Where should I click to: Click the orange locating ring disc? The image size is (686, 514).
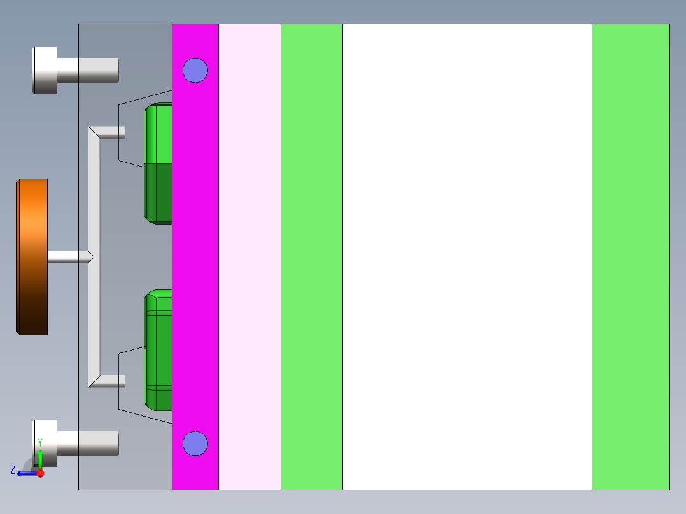click(32, 256)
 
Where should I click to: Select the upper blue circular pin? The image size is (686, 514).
click(195, 70)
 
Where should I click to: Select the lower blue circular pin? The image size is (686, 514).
click(195, 443)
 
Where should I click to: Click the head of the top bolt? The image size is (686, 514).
click(45, 70)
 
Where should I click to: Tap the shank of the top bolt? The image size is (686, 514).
click(89, 70)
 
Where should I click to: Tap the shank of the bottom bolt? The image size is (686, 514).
click(89, 443)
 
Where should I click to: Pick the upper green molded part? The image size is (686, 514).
click(158, 163)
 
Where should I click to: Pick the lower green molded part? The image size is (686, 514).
click(158, 350)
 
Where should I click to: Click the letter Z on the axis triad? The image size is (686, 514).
click(13, 470)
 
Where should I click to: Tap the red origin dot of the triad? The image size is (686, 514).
click(40, 473)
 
